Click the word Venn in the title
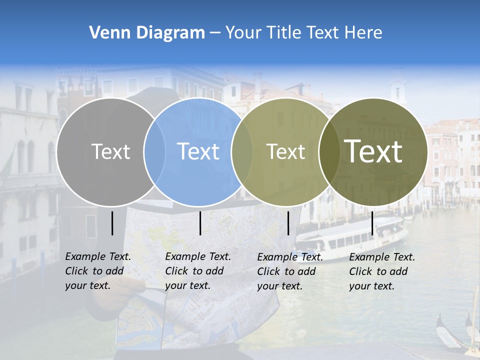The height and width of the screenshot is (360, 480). coord(106,33)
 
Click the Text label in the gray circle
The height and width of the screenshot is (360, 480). coord(110,151)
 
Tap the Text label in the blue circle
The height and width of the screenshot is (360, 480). coord(198,151)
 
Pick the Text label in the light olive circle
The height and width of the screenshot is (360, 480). coord(285,151)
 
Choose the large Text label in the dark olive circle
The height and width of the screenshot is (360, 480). coord(373,151)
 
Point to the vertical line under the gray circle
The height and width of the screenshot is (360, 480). coord(112,223)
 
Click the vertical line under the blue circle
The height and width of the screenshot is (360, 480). coord(200,223)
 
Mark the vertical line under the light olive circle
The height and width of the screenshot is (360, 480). coord(288,223)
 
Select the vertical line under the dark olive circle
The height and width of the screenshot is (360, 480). coord(372,223)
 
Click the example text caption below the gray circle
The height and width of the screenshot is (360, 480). coord(98,271)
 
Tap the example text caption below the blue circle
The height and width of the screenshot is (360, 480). coord(198,271)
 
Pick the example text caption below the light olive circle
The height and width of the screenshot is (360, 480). coord(290,271)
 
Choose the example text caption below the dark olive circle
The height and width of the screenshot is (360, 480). coord(382,271)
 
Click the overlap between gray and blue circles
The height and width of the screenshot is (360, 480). coord(154,151)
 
